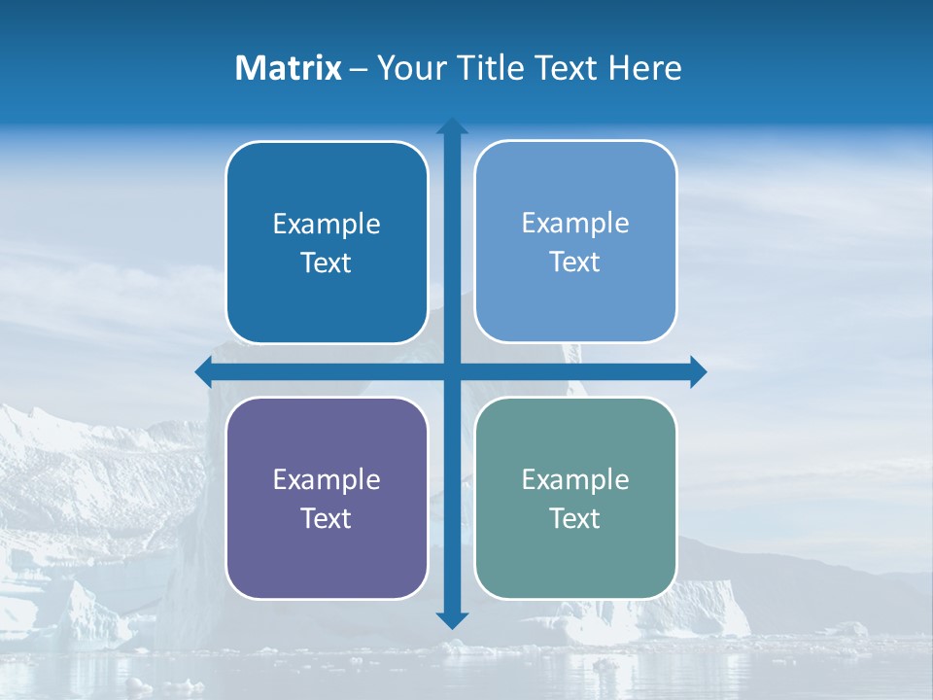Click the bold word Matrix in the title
click(x=289, y=68)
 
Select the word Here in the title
click(x=645, y=68)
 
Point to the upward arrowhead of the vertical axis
click(x=452, y=125)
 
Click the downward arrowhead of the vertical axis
click(x=452, y=620)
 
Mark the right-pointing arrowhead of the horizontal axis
click(x=698, y=371)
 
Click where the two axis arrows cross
click(x=452, y=371)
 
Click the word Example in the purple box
click(x=327, y=479)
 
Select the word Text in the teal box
click(x=575, y=518)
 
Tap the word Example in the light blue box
click(x=575, y=223)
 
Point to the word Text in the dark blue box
click(x=327, y=262)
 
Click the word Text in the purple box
click(x=327, y=518)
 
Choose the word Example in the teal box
click(x=575, y=479)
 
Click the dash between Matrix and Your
click(x=359, y=69)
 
